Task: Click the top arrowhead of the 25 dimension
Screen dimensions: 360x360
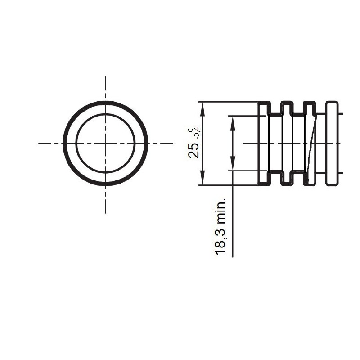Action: [202, 107]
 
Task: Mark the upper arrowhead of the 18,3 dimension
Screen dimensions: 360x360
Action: [233, 121]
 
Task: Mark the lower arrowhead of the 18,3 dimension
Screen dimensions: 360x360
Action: [233, 166]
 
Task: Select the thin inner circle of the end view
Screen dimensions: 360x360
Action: [77, 143]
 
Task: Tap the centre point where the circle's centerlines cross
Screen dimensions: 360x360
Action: [106, 143]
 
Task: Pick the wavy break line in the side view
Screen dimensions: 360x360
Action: [311, 143]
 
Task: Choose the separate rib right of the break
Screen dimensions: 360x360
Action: [332, 143]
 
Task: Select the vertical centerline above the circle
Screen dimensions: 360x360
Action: [106, 88]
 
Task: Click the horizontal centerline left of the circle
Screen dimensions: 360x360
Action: [49, 143]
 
